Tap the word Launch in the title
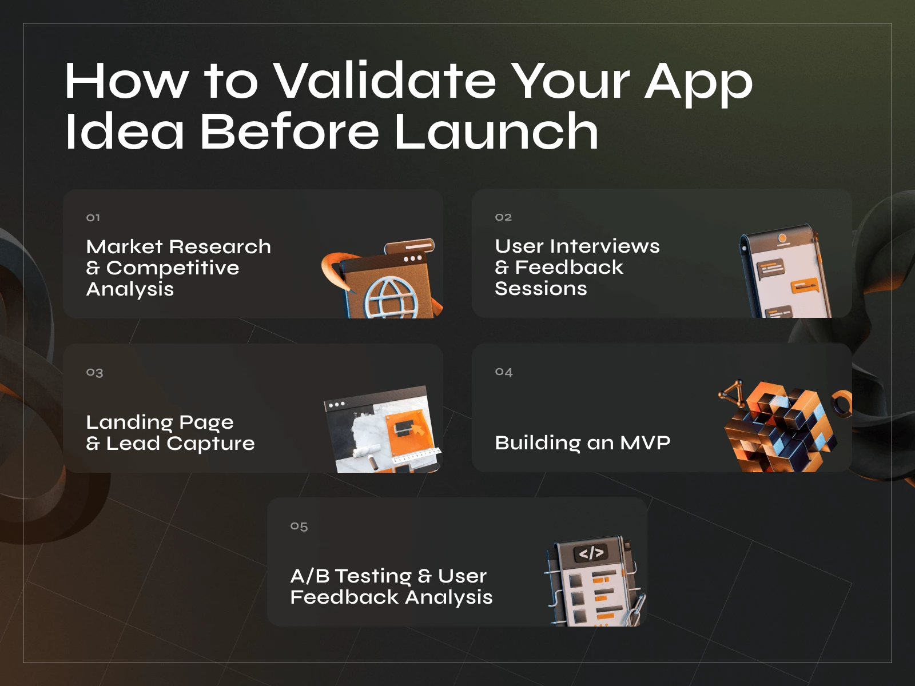(496, 131)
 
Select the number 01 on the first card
(93, 218)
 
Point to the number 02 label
(503, 217)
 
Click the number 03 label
(94, 373)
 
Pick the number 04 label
(504, 372)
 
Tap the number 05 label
(299, 527)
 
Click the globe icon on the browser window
(392, 297)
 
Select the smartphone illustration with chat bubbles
(783, 272)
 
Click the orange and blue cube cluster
(781, 426)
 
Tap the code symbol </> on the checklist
(591, 553)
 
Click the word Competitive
(173, 268)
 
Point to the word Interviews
(605, 246)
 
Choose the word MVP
(645, 442)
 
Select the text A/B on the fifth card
(309, 576)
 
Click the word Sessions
(540, 289)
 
